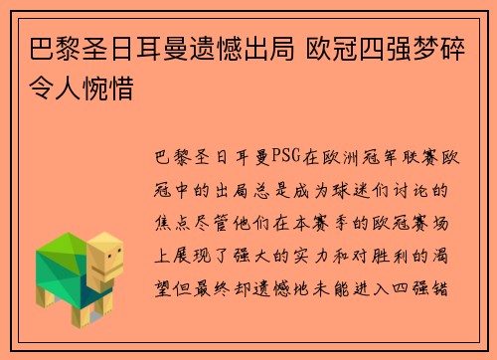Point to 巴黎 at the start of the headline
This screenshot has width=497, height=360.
pos(46,49)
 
